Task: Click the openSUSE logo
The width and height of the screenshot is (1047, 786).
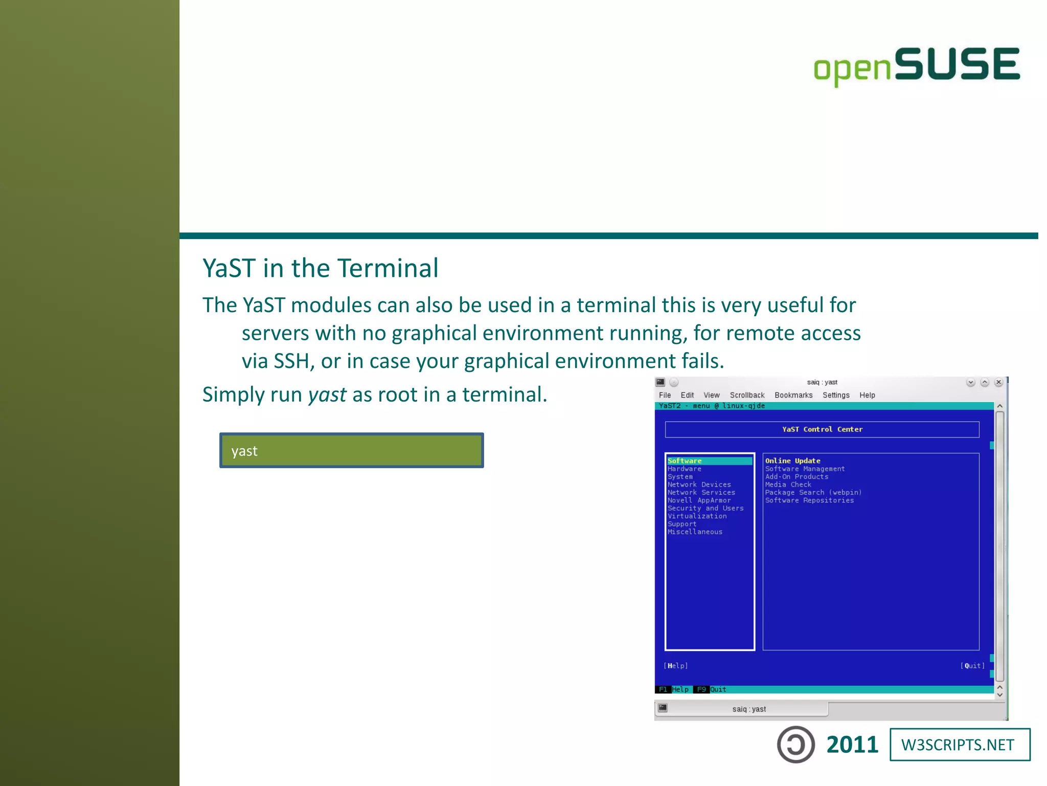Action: pyautogui.click(x=917, y=65)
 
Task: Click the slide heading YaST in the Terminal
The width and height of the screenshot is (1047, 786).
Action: pyautogui.click(x=320, y=268)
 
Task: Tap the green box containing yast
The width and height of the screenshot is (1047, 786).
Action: pyautogui.click(x=351, y=450)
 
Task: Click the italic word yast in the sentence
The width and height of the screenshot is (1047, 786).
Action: pyautogui.click(x=327, y=395)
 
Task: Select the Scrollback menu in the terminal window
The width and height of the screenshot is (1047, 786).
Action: pyautogui.click(x=747, y=395)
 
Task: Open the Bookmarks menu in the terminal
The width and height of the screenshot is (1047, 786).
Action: pyautogui.click(x=793, y=395)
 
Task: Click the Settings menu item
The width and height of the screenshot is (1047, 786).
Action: pyautogui.click(x=835, y=395)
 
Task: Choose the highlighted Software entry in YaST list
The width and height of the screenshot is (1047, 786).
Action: pyautogui.click(x=685, y=461)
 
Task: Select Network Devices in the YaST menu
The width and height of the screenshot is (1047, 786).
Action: pyautogui.click(x=699, y=485)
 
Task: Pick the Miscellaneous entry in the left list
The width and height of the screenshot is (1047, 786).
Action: pyautogui.click(x=695, y=532)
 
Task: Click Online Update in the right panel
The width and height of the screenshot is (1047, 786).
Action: pyautogui.click(x=792, y=461)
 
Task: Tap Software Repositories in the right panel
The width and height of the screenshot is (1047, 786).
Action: pyautogui.click(x=809, y=500)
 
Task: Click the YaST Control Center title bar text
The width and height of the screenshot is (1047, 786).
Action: pyautogui.click(x=822, y=429)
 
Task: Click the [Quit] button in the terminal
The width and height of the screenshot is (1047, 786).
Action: pyautogui.click(x=972, y=666)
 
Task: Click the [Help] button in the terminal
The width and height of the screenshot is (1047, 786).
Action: pyautogui.click(x=675, y=666)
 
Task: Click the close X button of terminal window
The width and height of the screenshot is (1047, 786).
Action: pyautogui.click(x=998, y=382)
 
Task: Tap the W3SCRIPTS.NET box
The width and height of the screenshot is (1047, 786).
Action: pyautogui.click(x=960, y=745)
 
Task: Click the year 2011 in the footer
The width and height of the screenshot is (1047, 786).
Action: pyautogui.click(x=852, y=745)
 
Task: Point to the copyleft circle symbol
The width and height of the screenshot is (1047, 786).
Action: pyautogui.click(x=795, y=745)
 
